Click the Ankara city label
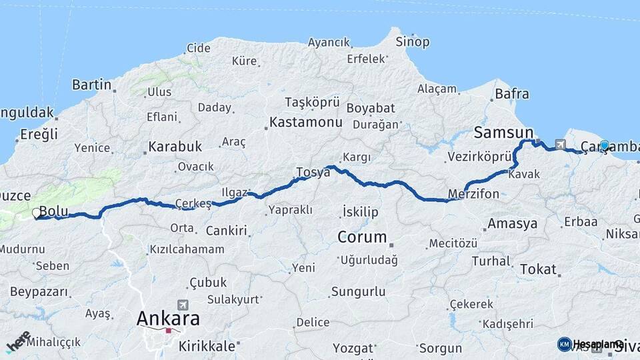click(167, 319)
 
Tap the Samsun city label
click(503, 132)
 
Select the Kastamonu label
click(305, 123)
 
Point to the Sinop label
click(413, 42)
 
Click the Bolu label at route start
click(54, 212)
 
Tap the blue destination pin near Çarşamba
click(604, 145)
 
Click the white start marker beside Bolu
click(36, 213)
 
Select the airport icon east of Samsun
click(559, 144)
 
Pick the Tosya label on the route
click(313, 172)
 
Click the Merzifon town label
click(474, 194)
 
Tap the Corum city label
click(362, 237)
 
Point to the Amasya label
click(512, 224)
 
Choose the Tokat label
click(537, 269)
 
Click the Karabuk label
click(175, 146)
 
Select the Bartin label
click(91, 85)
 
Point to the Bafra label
click(512, 94)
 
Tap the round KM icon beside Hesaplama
click(565, 344)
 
